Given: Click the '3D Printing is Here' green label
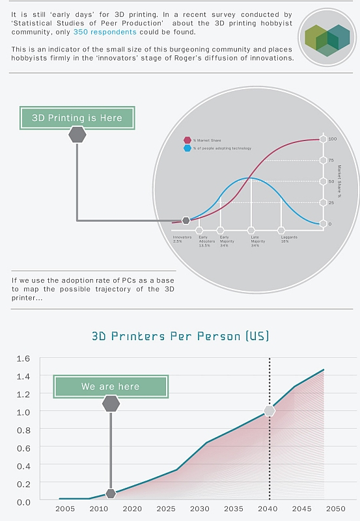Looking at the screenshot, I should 77,118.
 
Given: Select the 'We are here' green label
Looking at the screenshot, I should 110,386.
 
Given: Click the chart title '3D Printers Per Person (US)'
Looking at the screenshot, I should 180,336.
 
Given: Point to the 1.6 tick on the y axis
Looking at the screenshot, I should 23,358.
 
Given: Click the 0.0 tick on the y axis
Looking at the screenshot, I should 23,502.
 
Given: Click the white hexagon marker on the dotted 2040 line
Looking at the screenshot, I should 270,411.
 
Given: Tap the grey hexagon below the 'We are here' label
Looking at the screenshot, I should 111,404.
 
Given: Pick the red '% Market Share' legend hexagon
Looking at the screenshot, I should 187,139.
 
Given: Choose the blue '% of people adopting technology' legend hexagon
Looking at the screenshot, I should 187,148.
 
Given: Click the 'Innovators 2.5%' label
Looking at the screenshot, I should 182,239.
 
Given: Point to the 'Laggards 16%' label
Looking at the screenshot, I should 289,239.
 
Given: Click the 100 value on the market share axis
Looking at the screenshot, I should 332,139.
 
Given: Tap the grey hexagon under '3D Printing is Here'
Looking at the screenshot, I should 77,135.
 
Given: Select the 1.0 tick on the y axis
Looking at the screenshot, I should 23,412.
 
